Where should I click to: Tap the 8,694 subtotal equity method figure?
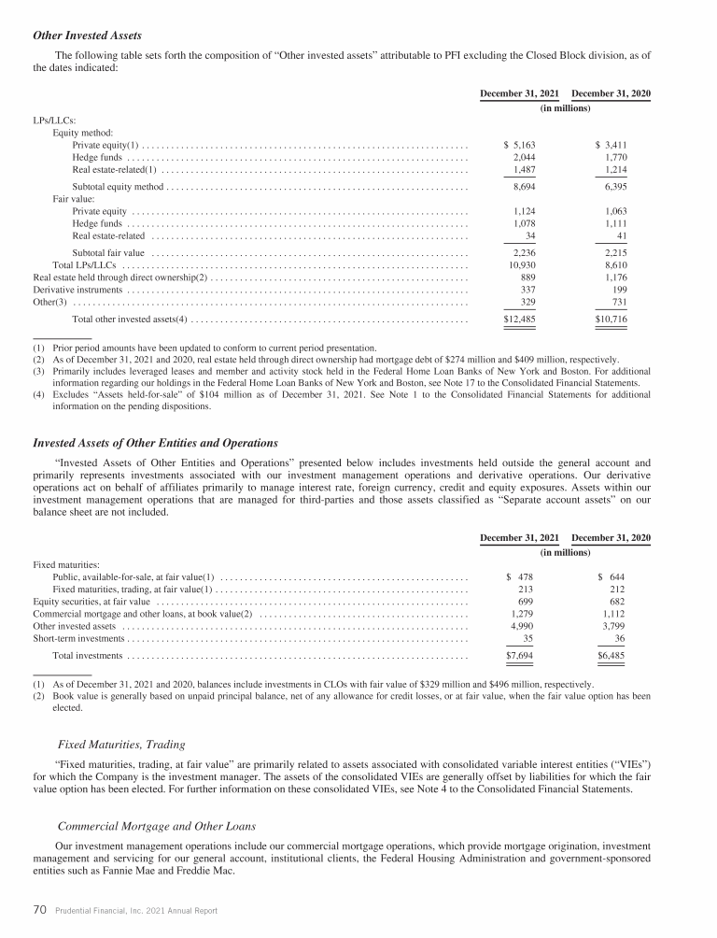point(523,188)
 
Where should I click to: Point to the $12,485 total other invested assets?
point(519,320)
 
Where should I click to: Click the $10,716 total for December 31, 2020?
point(611,320)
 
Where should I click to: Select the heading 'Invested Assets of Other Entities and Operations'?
point(155,442)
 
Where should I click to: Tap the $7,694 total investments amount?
point(519,656)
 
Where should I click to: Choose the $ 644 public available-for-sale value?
point(612,576)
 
